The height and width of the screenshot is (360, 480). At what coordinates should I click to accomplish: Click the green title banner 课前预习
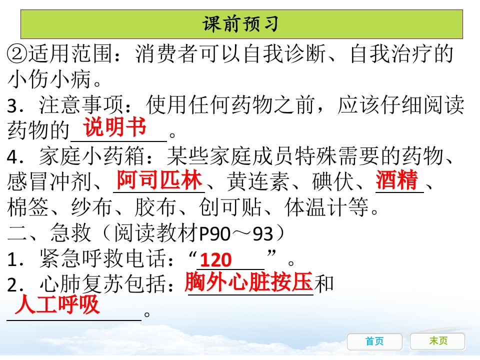(x=241, y=24)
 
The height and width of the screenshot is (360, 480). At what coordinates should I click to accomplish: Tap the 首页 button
(x=374, y=341)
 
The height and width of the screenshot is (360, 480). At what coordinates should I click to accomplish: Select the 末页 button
(x=438, y=341)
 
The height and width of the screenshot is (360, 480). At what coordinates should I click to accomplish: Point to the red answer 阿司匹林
(x=158, y=180)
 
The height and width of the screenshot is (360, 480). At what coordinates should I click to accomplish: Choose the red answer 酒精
(x=397, y=180)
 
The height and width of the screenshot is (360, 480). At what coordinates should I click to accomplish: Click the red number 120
(x=216, y=260)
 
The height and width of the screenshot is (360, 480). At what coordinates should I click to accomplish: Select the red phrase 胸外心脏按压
(x=248, y=282)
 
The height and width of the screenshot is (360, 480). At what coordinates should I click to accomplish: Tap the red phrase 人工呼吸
(x=57, y=305)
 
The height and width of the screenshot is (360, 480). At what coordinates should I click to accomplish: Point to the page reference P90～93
(x=242, y=233)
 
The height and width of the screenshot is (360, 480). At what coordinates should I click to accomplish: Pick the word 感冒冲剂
(x=50, y=182)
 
